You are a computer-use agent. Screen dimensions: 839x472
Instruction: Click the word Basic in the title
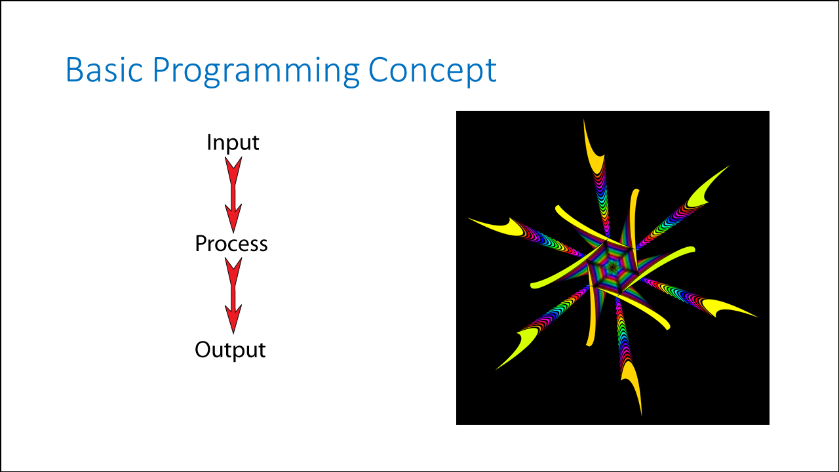104,69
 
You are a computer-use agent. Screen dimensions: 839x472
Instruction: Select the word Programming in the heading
256,72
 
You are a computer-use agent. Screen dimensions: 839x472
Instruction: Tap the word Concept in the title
433,72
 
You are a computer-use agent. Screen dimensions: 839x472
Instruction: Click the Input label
233,142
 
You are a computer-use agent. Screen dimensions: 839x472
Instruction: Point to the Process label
231,244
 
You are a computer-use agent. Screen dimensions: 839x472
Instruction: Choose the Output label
230,350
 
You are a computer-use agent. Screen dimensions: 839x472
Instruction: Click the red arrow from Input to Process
233,195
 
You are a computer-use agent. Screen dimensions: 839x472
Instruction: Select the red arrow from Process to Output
233,296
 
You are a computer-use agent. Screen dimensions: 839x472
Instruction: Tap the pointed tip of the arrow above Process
233,233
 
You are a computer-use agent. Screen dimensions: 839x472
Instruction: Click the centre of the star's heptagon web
613,267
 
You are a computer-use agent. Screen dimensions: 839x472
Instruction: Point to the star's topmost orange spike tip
583,119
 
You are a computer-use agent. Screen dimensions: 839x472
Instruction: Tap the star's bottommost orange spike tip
642,416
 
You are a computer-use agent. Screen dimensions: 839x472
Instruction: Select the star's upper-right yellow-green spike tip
730,166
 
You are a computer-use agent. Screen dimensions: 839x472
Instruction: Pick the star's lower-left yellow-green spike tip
496,370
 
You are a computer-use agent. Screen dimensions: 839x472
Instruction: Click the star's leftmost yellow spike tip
467,218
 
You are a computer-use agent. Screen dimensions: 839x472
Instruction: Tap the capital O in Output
204,349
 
